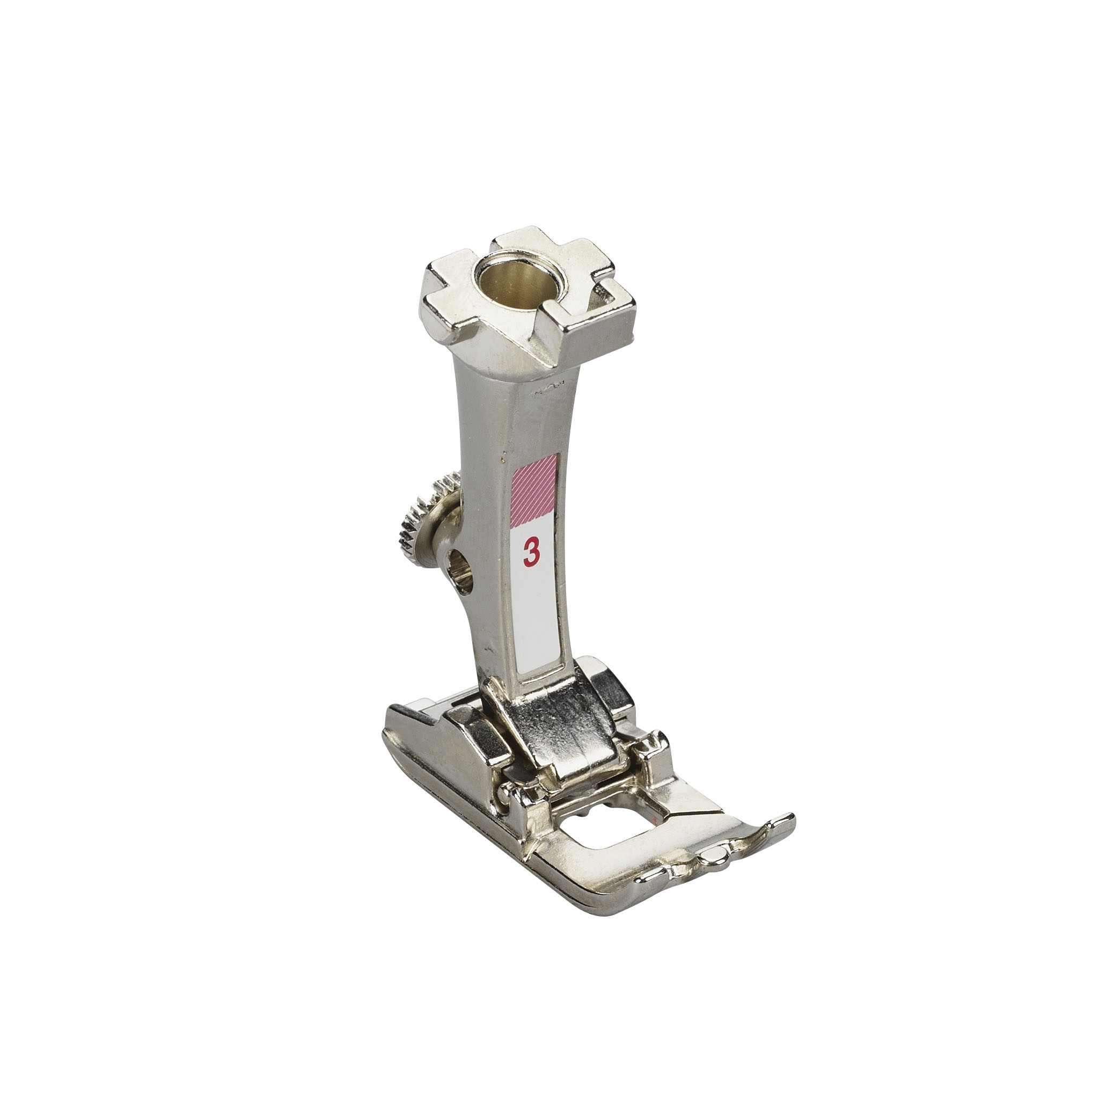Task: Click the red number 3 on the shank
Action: point(531,551)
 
